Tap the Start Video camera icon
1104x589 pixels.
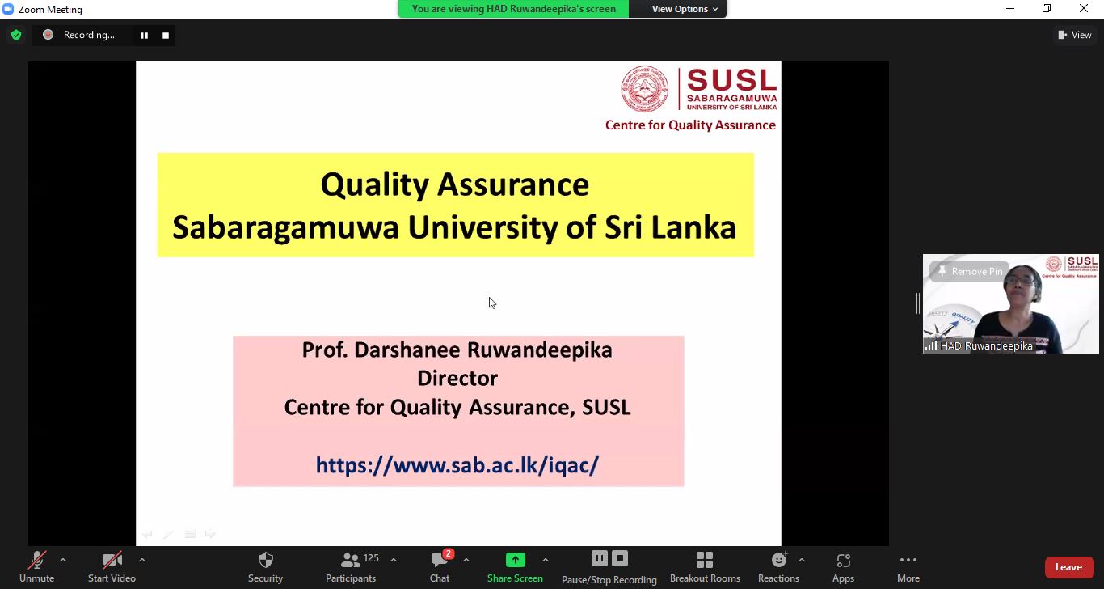tap(112, 561)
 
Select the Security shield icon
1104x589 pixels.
tap(266, 561)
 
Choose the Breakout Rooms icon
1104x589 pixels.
tap(705, 561)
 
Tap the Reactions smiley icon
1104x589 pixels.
tap(779, 560)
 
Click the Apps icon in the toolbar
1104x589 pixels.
tap(843, 561)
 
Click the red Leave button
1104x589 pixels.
tap(1069, 567)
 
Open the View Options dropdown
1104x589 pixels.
tap(685, 9)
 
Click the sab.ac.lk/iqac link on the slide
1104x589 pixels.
tap(457, 465)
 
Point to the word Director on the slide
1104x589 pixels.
tap(457, 379)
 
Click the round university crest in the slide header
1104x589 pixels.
tap(645, 89)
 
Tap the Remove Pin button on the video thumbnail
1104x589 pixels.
tap(970, 271)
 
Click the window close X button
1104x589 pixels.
tap(1084, 8)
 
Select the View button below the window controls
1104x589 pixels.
tap(1075, 35)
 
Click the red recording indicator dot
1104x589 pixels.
tap(48, 35)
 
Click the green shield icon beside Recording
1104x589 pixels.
tap(16, 35)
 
